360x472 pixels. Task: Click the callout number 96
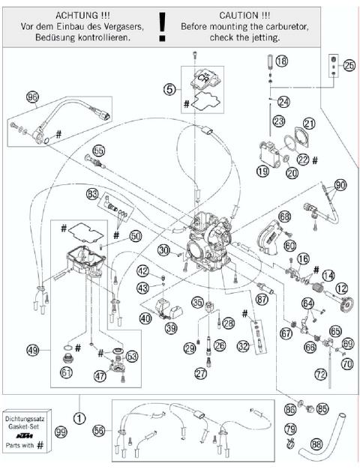(31, 97)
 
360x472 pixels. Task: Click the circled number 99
(82, 432)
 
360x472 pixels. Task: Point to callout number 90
(340, 184)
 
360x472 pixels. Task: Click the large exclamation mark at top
(162, 27)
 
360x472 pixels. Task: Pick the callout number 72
(320, 372)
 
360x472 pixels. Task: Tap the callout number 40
(145, 317)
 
